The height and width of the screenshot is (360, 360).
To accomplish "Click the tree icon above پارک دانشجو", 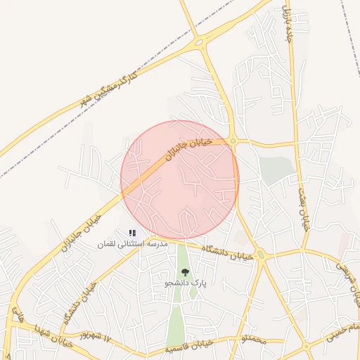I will [185, 272].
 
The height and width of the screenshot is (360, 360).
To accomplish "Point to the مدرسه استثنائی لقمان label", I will [132, 244].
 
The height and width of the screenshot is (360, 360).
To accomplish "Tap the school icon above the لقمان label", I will [132, 232].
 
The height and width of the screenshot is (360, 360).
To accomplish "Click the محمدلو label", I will [253, 340].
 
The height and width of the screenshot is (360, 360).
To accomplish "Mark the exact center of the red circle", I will [180, 180].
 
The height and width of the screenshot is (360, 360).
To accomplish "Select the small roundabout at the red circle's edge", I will [232, 141].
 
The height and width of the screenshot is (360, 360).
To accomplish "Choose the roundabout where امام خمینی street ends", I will [307, 347].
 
